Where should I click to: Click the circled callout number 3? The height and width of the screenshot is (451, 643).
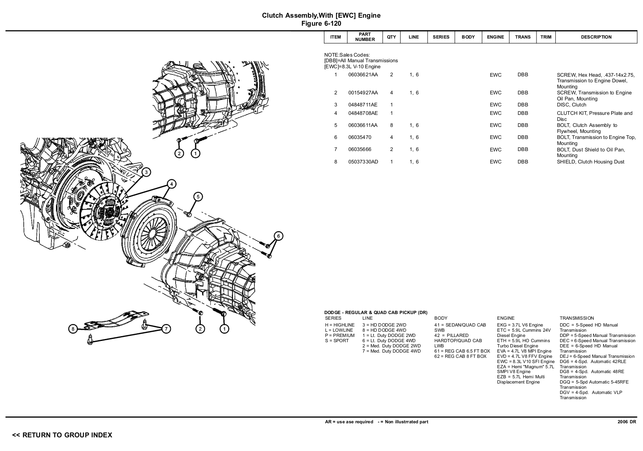point(146,172)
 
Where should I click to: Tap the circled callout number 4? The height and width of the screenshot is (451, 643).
point(171,184)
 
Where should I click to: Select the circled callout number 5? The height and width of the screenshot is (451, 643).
point(198,197)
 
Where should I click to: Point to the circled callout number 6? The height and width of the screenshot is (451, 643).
point(278,236)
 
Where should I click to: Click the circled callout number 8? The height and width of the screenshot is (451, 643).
point(73,329)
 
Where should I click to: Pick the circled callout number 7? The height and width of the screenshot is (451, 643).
point(166,329)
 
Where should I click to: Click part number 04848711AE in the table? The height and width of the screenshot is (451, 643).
point(363,105)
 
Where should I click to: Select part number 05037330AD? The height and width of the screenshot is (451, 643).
point(363,162)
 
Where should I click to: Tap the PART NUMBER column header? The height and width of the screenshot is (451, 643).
point(365,37)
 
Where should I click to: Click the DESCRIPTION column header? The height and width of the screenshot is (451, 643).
point(596,37)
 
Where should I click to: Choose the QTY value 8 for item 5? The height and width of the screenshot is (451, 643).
point(391,125)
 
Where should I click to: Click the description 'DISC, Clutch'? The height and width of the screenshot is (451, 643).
point(571,105)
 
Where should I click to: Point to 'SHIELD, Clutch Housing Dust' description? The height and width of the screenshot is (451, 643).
point(590,162)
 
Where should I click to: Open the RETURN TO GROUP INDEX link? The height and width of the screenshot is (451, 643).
point(62,435)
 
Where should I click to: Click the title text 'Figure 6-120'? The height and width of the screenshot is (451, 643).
point(321,24)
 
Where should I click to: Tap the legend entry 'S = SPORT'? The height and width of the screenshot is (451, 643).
point(337,341)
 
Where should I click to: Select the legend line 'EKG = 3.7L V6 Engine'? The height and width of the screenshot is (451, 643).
point(520,325)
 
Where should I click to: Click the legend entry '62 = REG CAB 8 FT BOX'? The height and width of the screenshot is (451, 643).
point(461,356)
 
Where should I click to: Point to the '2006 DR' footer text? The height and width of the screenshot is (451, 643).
point(627,422)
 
